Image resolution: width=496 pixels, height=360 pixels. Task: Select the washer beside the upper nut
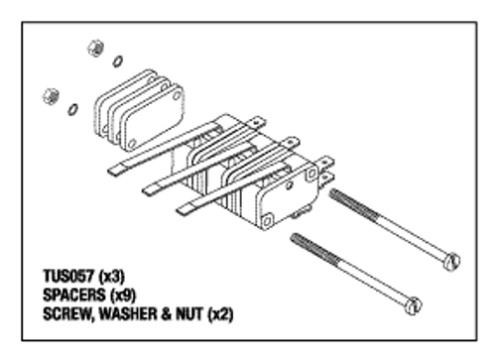click(x=118, y=61)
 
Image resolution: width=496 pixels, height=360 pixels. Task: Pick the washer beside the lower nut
click(x=71, y=108)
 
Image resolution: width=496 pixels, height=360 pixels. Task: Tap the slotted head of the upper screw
click(x=453, y=262)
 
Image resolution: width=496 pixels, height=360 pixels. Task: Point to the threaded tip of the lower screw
click(x=294, y=238)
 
